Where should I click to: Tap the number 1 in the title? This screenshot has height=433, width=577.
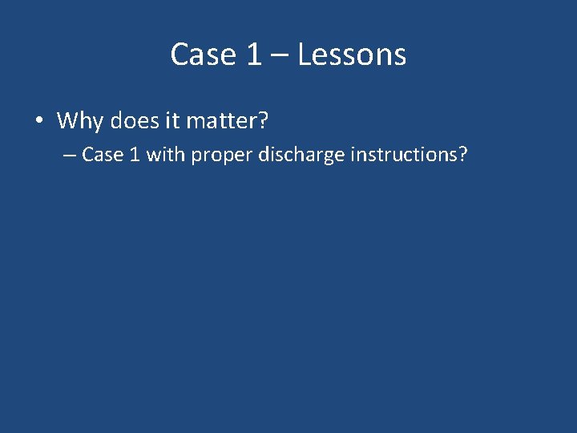pos(253,55)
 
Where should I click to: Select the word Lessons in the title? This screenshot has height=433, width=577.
pos(352,55)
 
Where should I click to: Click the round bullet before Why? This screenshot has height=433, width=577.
pos(38,122)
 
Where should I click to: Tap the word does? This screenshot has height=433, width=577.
pos(135,122)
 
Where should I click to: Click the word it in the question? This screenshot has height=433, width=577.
pos(173,122)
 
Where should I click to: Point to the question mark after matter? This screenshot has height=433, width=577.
pos(264,122)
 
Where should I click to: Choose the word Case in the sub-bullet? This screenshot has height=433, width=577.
pos(102,154)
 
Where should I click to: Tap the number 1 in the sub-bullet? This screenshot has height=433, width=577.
pos(133,154)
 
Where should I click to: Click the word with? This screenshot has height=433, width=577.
pos(166,154)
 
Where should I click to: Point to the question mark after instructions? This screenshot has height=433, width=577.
pos(462,154)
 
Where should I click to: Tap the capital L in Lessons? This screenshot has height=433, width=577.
pos(305,55)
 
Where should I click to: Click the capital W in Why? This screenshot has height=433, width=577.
pos(68,122)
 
